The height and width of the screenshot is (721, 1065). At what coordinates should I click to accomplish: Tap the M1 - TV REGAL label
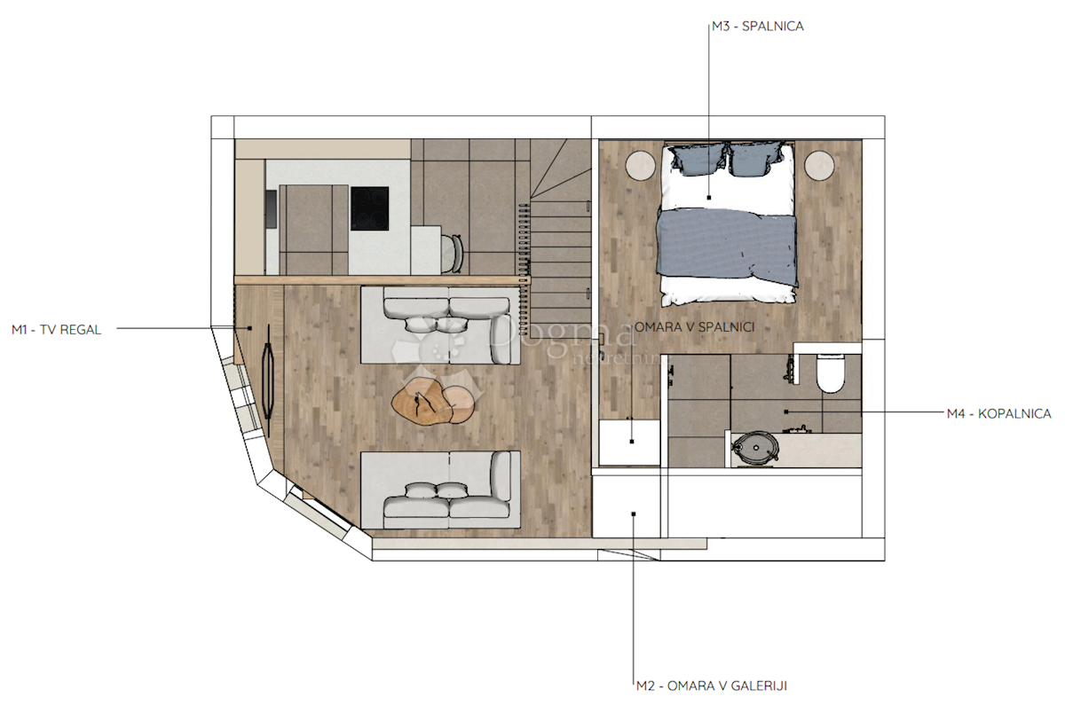point(56,329)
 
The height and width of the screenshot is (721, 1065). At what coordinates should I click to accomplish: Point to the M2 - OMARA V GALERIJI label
point(711,686)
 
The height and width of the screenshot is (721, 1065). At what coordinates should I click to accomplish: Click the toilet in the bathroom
point(831,373)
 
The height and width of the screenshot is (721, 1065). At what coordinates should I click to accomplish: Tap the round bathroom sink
point(755,448)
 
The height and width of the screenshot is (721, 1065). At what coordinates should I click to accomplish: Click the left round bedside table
point(638,165)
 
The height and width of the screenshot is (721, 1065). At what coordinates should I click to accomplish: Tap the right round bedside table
point(820,165)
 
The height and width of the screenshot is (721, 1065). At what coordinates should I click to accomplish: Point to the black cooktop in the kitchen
point(369,208)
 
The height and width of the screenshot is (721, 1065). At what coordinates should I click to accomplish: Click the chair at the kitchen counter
point(454,253)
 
